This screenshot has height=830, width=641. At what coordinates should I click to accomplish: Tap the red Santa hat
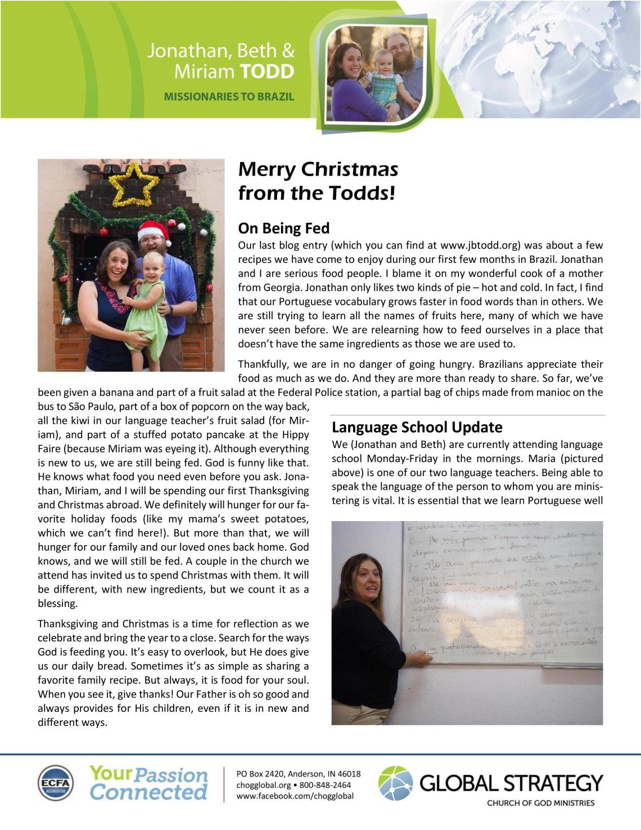pos(155,230)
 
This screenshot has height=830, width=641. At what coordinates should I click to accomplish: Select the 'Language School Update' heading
pos(417,427)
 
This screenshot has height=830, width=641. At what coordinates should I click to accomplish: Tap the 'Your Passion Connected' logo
pos(148,783)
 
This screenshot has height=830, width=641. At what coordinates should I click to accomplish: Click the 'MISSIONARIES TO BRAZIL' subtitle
pos(229,96)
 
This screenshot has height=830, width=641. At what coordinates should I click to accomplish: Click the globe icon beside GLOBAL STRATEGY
pos(395,783)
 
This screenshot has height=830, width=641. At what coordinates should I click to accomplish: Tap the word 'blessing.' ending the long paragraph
pos(57,603)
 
